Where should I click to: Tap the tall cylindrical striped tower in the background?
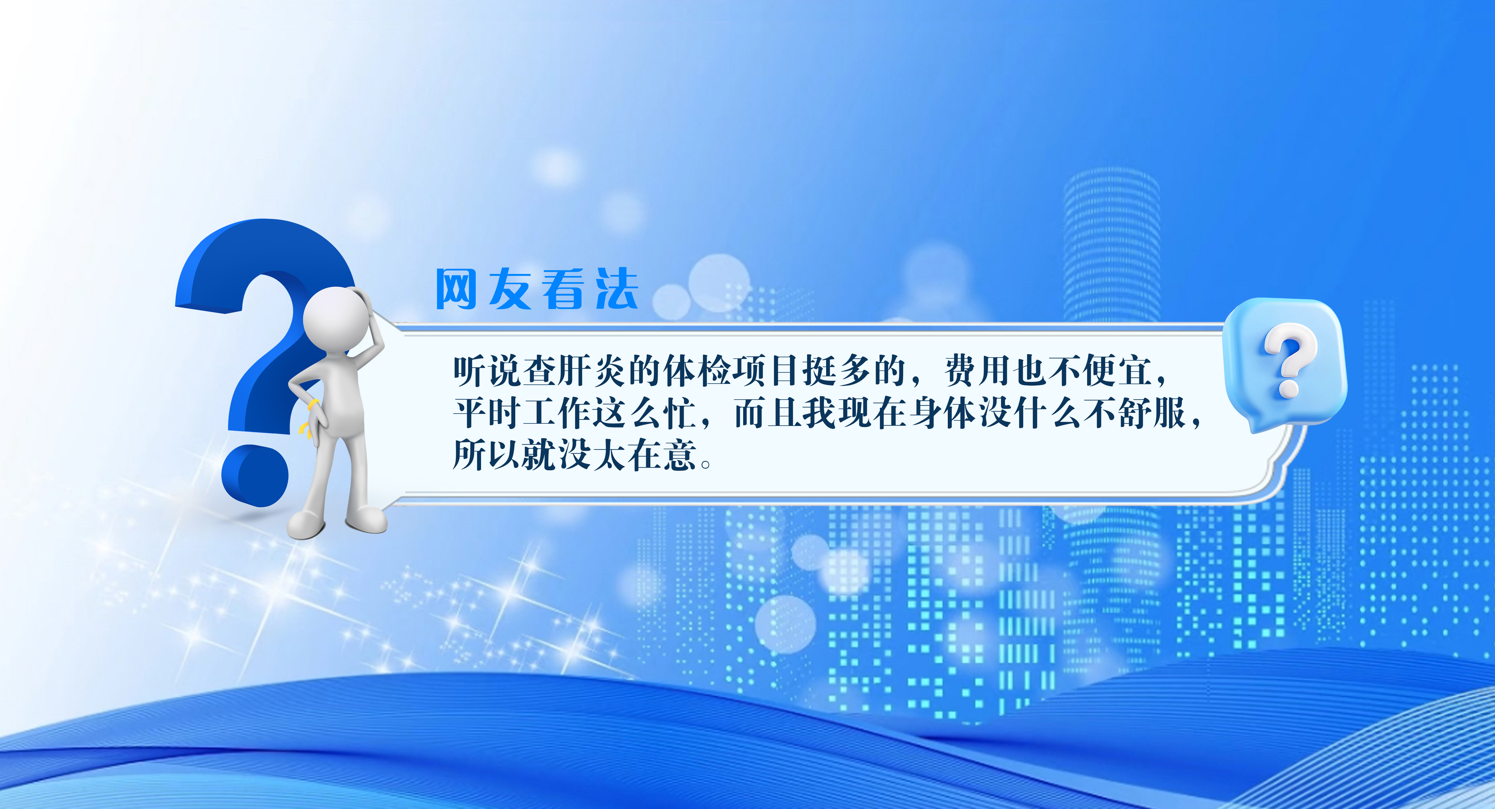click(1112, 244)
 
